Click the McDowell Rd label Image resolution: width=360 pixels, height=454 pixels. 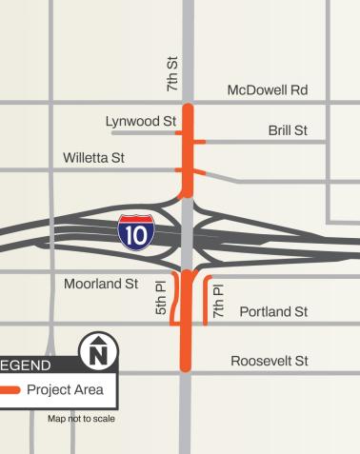point(267,90)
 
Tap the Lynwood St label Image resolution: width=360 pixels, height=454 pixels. point(142,122)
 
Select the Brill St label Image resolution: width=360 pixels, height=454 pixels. point(288,130)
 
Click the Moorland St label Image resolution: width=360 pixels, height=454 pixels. point(101,284)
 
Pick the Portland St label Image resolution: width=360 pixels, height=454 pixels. point(273,311)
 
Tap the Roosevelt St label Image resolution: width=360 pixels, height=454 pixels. point(270,361)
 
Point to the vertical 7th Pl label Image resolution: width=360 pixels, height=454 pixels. point(219,300)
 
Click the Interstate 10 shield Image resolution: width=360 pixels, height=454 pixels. point(132,231)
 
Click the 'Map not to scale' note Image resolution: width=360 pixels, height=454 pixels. point(81,419)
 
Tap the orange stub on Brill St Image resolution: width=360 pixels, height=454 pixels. point(199,142)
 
